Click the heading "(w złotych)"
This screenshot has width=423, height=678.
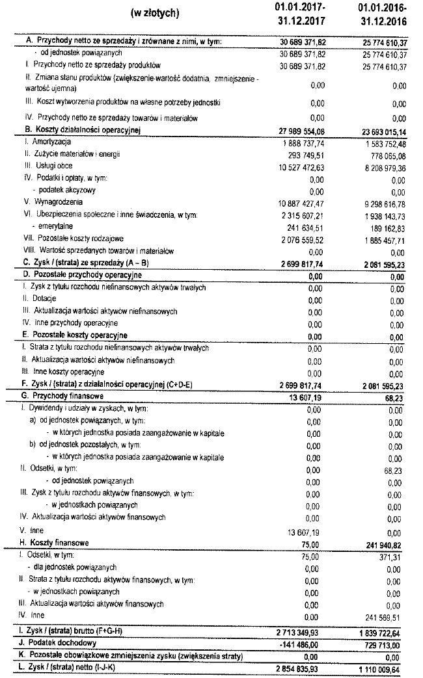click(155, 14)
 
